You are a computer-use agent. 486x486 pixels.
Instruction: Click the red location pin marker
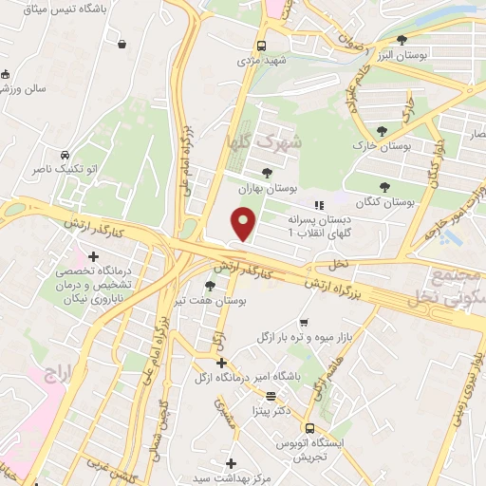(244, 224)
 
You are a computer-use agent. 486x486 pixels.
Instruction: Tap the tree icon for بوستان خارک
(382, 131)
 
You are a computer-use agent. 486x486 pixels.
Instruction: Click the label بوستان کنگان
(387, 203)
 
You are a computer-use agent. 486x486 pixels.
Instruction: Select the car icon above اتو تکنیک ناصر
(63, 154)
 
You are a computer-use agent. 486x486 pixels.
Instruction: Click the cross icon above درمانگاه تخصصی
(93, 255)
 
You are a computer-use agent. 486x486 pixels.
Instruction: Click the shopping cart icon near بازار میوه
(304, 323)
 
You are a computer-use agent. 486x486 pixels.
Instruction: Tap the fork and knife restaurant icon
(320, 204)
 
